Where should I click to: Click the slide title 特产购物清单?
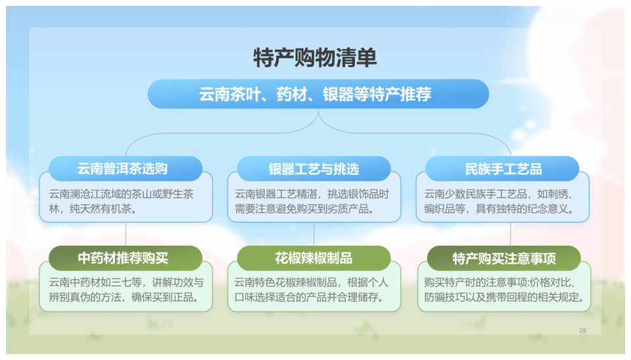(315, 58)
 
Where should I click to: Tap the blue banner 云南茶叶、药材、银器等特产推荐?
(318, 94)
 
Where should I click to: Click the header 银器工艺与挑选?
(314, 169)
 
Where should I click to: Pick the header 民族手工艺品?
(502, 169)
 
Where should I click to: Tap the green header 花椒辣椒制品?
(314, 258)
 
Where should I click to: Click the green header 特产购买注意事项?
(504, 258)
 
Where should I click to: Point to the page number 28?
(582, 330)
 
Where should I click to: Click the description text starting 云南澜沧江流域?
(121, 202)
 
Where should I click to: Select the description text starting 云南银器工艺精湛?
(312, 202)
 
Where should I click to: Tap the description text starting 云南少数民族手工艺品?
(499, 202)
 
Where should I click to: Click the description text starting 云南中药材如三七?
(126, 290)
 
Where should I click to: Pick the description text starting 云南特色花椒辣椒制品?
(311, 290)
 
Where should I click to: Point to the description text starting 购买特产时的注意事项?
(504, 290)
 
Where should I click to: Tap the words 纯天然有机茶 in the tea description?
(101, 209)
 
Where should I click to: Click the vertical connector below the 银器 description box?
(314, 234)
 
